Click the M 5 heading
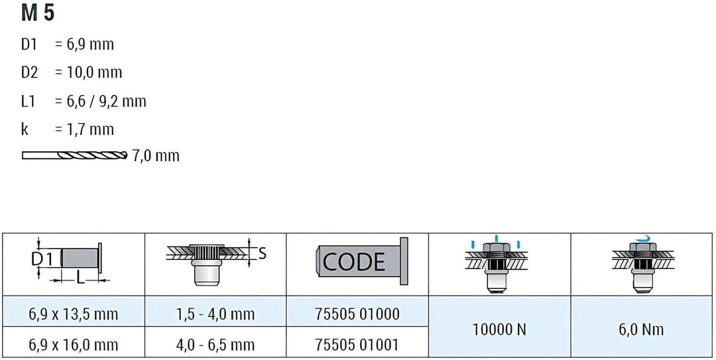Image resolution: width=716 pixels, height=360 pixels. click(x=38, y=13)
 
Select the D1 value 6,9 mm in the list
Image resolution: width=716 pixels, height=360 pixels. click(x=84, y=45)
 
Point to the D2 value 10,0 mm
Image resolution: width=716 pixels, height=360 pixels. click(x=88, y=73)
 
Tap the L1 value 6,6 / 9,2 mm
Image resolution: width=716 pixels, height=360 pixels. click(x=101, y=101)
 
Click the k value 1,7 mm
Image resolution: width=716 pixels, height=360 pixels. click(x=84, y=129)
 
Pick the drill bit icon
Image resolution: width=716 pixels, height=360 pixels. click(x=74, y=155)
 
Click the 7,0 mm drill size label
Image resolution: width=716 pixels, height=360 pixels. click(x=155, y=156)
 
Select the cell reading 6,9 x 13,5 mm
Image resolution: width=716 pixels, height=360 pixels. click(x=74, y=314)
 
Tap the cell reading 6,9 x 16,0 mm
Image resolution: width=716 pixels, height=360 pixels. click(x=74, y=345)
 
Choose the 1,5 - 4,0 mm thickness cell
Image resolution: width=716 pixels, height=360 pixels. click(x=215, y=314)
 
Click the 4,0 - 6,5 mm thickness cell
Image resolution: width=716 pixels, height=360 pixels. click(x=215, y=345)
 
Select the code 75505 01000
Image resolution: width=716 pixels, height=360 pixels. click(x=357, y=314)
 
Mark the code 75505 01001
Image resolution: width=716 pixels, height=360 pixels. click(x=357, y=345)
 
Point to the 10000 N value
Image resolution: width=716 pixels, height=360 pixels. click(x=499, y=330)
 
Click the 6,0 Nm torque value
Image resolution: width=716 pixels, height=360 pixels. click(x=642, y=330)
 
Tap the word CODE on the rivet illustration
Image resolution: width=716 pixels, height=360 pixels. click(x=353, y=262)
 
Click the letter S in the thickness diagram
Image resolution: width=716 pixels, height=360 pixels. click(x=262, y=254)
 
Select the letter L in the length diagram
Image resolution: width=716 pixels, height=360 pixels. click(x=80, y=278)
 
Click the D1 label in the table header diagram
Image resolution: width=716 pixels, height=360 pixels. click(x=42, y=259)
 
